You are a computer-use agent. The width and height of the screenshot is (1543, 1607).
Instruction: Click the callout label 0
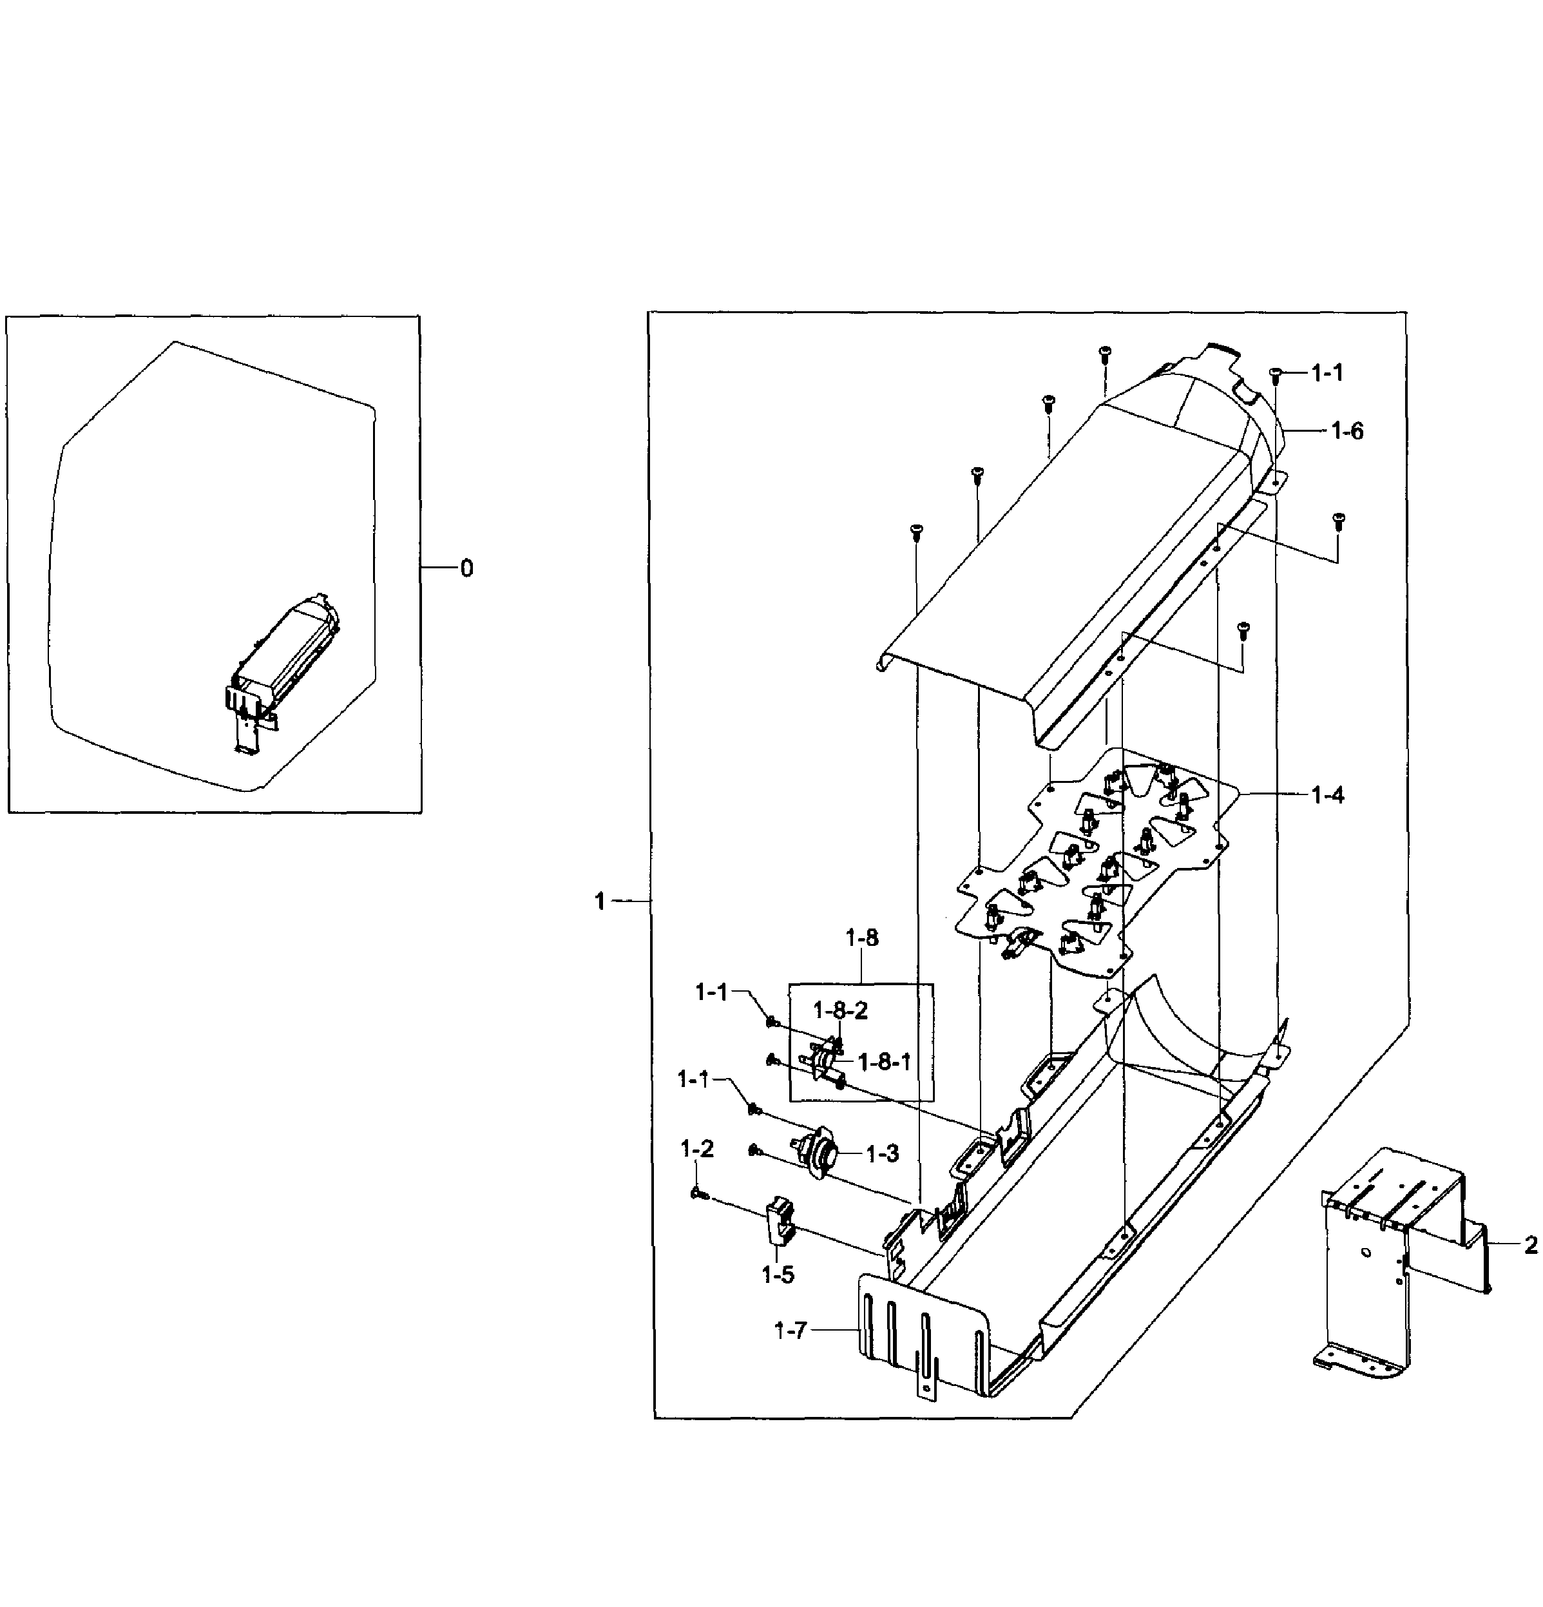click(x=466, y=568)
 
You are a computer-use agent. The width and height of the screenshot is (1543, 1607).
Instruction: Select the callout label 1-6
click(x=1347, y=430)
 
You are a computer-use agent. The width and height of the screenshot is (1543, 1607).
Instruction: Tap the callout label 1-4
click(x=1327, y=794)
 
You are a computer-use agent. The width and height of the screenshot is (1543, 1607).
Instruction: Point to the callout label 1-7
click(x=791, y=1331)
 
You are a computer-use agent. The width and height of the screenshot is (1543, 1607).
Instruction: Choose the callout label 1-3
click(x=882, y=1153)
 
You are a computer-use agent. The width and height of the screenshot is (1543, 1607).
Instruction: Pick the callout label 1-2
click(x=697, y=1149)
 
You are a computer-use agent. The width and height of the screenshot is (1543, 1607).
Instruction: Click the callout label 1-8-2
click(x=839, y=1010)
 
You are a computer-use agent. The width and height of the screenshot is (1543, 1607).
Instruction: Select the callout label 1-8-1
click(x=884, y=1062)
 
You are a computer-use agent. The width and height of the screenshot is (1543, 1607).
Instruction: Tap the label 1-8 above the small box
click(x=861, y=938)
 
